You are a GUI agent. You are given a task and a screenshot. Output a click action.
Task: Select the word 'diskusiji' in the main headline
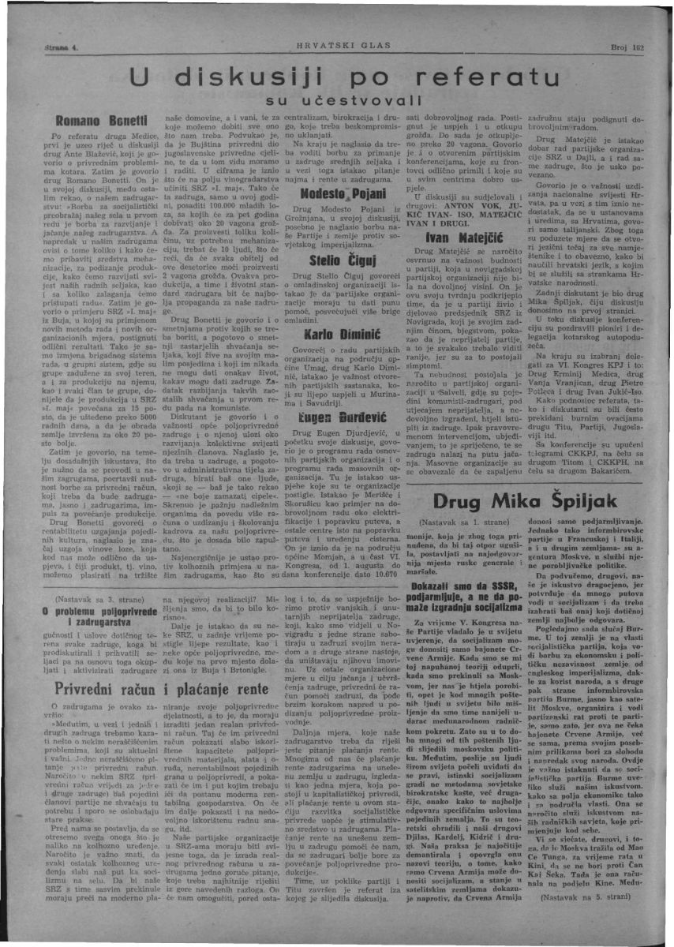(251, 77)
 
